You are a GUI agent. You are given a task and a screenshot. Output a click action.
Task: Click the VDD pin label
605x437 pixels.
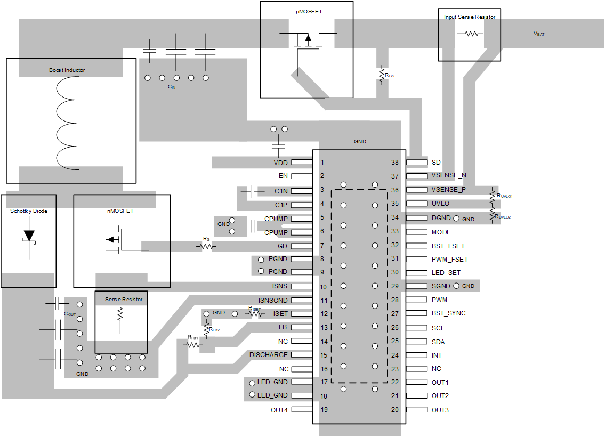tap(280, 162)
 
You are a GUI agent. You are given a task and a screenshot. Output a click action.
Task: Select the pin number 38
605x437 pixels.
tap(395, 162)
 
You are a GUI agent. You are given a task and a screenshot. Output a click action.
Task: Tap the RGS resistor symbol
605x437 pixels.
tap(382, 76)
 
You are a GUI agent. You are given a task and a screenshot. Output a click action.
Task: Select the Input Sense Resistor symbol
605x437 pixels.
tap(470, 33)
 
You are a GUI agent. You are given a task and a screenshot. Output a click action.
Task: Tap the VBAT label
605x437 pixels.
tap(539, 34)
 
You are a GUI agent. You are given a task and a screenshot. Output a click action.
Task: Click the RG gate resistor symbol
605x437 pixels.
tap(205, 246)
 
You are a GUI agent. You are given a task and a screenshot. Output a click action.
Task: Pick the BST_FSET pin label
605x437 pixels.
tap(448, 246)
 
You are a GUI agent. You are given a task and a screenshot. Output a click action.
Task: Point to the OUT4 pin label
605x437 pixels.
tap(279, 410)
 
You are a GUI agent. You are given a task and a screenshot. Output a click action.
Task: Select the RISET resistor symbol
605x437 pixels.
tap(254, 314)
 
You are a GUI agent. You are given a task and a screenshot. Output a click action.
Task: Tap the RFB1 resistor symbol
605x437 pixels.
tap(192, 345)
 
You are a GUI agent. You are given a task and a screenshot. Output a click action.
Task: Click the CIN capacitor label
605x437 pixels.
tap(171, 87)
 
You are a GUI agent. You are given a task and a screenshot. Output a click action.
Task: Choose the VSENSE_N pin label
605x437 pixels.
tap(449, 175)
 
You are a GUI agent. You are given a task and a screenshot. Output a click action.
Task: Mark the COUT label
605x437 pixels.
tap(70, 314)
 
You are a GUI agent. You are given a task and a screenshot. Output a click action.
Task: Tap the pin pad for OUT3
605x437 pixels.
tap(417, 410)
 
